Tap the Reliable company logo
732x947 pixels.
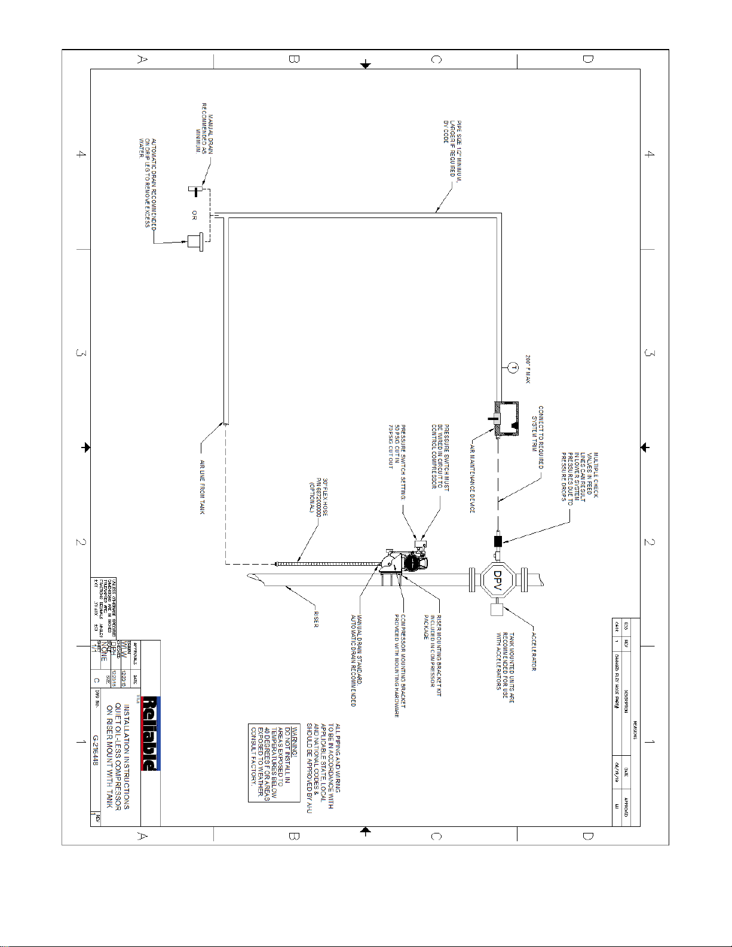pyautogui.click(x=150, y=734)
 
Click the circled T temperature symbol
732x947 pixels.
pyautogui.click(x=512, y=367)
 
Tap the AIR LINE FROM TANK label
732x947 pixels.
pyautogui.click(x=202, y=487)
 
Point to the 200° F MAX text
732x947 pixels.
pyautogui.click(x=528, y=369)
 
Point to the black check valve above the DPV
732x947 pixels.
pyautogui.click(x=498, y=541)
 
